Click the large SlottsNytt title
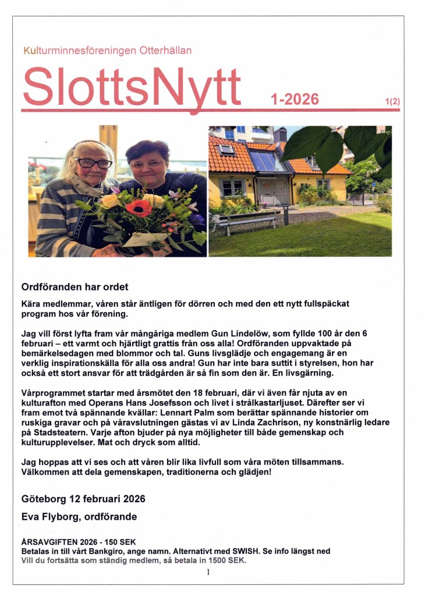click(x=132, y=86)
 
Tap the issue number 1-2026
click(x=295, y=100)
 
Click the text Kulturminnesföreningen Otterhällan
click(x=107, y=51)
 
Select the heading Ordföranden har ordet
click(x=75, y=287)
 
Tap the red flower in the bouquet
click(x=138, y=208)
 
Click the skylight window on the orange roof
click(x=226, y=149)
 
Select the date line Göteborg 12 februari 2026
click(x=83, y=499)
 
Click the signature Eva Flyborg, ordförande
click(x=79, y=517)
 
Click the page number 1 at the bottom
click(x=208, y=572)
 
